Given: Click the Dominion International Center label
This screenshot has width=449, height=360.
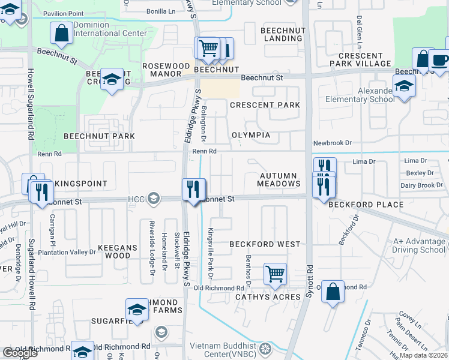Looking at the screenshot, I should tap(110, 29).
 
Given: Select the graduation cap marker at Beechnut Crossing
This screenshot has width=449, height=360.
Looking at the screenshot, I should tap(112, 79).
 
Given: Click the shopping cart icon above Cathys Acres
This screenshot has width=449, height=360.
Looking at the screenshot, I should tap(275, 274).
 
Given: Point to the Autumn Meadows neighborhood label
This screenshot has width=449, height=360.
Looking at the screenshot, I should tap(279, 179).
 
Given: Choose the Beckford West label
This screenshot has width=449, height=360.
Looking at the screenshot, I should tap(264, 245).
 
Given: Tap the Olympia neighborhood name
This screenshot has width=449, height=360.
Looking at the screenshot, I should tap(251, 135).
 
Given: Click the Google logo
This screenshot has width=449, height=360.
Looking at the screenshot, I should tap(20, 353).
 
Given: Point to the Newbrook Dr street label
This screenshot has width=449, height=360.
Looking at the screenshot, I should tap(332, 143).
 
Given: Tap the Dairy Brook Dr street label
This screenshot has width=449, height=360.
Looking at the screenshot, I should tap(421, 185).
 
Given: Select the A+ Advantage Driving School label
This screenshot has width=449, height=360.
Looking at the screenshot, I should tap(419, 245).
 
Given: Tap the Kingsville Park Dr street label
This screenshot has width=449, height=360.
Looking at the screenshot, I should tap(210, 253).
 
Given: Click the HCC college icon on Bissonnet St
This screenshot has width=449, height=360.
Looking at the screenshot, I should tap(154, 199).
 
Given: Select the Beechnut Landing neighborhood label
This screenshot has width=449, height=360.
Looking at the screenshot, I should tap(282, 34).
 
